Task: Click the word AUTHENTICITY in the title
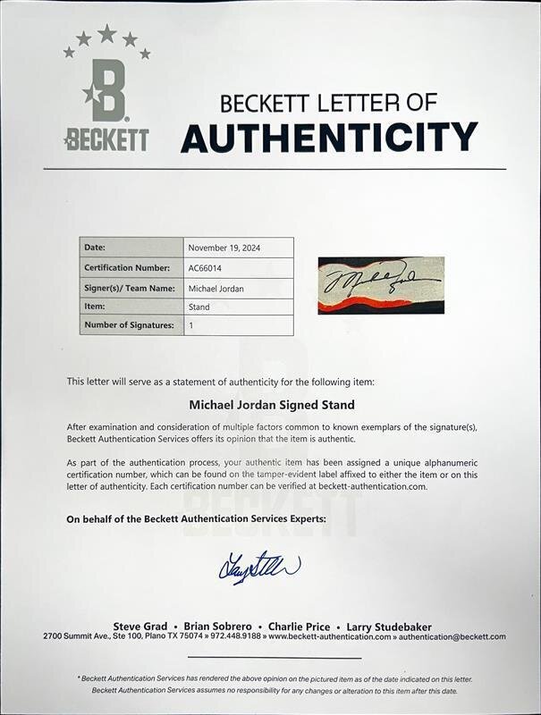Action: (328, 138)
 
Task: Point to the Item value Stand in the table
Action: (199, 307)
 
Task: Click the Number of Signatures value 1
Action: (190, 326)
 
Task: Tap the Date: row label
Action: (95, 248)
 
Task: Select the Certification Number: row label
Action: (127, 267)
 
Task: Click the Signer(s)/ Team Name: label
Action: (128, 288)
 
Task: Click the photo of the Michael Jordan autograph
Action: (381, 285)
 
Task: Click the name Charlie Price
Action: (297, 627)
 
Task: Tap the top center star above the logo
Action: (107, 33)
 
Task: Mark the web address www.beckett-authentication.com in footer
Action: (329, 637)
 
